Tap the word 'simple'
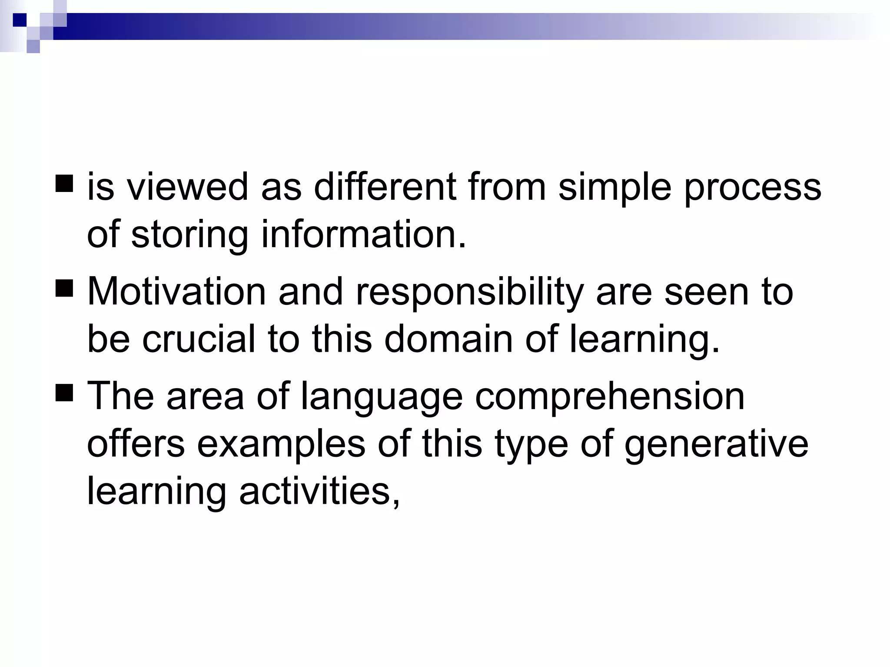coord(614,188)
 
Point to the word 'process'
coord(753,188)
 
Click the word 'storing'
coord(189,235)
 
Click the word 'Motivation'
coord(176,291)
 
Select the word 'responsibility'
coord(469,292)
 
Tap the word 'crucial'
coord(199,339)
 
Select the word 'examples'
coord(281,445)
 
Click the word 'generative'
coord(716,445)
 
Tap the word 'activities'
coord(319,492)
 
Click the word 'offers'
coord(136,444)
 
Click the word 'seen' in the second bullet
coord(707,291)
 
